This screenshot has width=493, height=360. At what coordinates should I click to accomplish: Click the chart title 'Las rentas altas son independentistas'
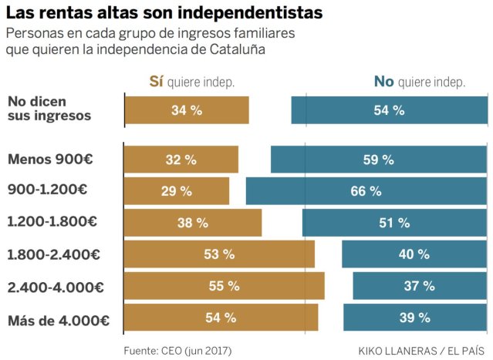(x=164, y=13)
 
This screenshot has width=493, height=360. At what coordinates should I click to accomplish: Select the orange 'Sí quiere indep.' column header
(x=191, y=82)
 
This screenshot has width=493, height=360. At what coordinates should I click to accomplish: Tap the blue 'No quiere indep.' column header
(x=419, y=82)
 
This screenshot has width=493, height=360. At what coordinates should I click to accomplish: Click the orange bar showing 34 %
(x=187, y=110)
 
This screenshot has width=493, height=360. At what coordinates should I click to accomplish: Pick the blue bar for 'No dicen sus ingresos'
(x=389, y=110)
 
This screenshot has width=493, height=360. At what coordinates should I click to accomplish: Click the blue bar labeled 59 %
(x=378, y=160)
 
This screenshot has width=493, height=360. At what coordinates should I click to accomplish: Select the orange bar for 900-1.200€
(x=177, y=191)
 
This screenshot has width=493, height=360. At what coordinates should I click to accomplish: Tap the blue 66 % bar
(x=366, y=191)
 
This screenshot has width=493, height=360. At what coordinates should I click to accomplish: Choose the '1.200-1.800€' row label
(x=52, y=222)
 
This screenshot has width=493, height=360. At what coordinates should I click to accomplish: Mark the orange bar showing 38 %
(x=193, y=222)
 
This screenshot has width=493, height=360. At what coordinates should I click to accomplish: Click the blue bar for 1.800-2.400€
(x=414, y=254)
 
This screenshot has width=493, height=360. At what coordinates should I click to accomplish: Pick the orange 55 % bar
(x=224, y=285)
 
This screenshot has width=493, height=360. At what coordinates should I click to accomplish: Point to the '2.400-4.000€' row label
(x=55, y=286)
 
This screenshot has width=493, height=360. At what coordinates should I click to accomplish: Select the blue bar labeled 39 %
(x=415, y=317)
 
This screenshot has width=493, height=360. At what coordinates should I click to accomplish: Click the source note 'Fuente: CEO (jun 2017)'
(x=177, y=349)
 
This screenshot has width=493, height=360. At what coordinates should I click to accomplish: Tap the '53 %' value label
(x=219, y=254)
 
